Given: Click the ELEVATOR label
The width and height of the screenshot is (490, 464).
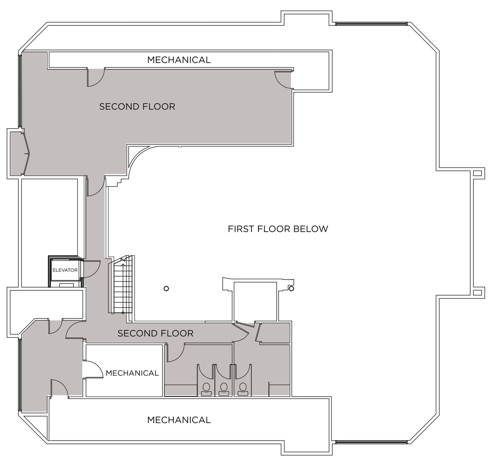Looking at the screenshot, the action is click(65, 270).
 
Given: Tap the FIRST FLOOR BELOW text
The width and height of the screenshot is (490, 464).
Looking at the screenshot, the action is click(278, 229).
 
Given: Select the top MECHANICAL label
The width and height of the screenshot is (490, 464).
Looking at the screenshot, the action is click(179, 60).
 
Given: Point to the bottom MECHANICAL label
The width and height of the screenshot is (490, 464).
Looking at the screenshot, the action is click(179, 420).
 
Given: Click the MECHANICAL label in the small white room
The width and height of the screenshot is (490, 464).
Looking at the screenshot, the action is click(132, 373).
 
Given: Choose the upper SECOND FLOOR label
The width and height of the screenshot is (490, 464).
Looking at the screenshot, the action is click(137, 106).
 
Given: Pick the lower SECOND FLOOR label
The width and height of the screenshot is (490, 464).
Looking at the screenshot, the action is click(155, 333).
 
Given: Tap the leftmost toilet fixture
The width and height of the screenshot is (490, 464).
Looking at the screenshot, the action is click(206, 389).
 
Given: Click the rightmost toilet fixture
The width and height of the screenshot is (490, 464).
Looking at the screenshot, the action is click(243, 389).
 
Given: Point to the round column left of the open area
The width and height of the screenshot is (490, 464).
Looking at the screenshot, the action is click(166, 289).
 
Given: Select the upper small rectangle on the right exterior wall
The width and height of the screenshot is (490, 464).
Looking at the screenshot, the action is click(477, 173).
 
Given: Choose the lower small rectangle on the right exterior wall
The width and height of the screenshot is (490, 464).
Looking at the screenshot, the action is click(477, 292).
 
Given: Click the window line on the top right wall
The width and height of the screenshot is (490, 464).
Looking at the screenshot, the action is click(371, 24).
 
